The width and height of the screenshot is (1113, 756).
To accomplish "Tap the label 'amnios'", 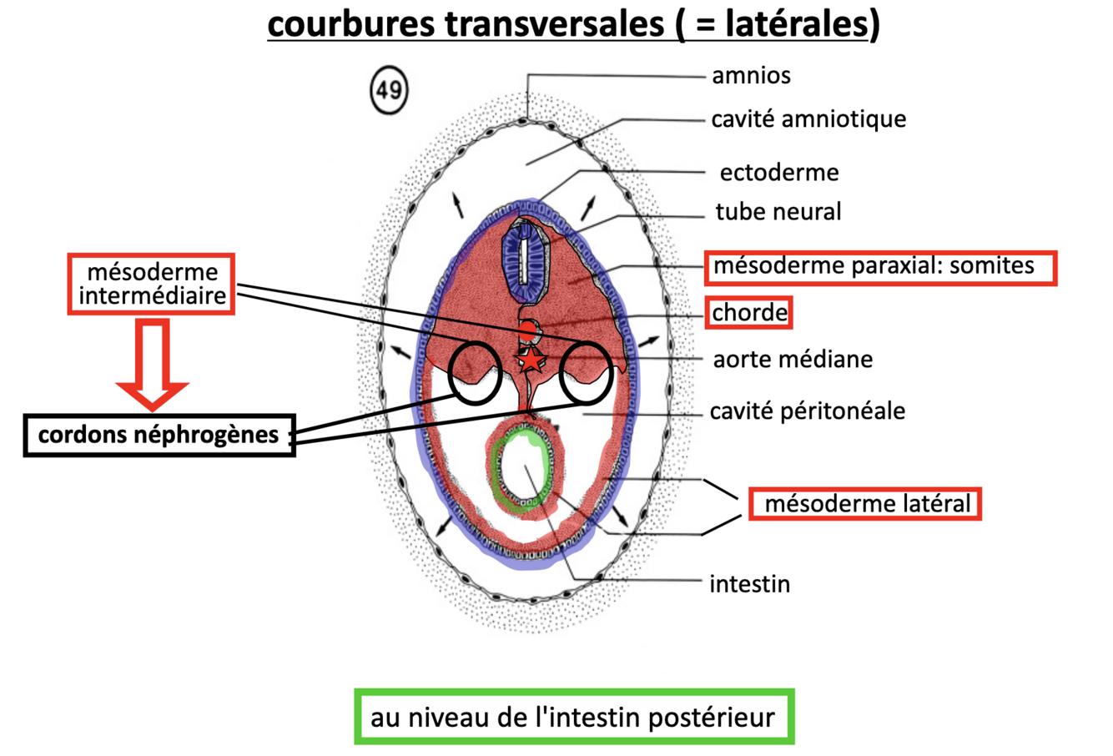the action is tap(751, 76).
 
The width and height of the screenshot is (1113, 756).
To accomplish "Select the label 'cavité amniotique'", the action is tap(808, 119).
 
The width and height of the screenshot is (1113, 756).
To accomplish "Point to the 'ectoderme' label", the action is tap(778, 173).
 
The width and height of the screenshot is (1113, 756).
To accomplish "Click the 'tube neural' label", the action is tap(778, 212).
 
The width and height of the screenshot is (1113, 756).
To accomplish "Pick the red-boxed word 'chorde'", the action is tap(749, 313).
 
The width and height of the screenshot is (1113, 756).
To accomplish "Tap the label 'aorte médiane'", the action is tap(792, 360).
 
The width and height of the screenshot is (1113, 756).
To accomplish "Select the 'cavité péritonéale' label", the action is tap(807, 411).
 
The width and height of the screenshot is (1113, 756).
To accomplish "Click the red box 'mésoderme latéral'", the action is tap(865, 504).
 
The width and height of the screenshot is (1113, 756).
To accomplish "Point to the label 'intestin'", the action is tap(749, 584).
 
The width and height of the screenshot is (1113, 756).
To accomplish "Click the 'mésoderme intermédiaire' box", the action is tap(151, 285).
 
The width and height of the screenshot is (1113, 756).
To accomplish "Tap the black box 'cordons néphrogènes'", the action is tap(159, 435).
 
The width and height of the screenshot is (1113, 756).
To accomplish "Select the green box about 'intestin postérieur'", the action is tap(573, 717).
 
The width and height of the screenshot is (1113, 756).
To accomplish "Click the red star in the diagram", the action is tap(531, 360).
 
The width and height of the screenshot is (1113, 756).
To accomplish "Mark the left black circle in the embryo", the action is tap(475, 373).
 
